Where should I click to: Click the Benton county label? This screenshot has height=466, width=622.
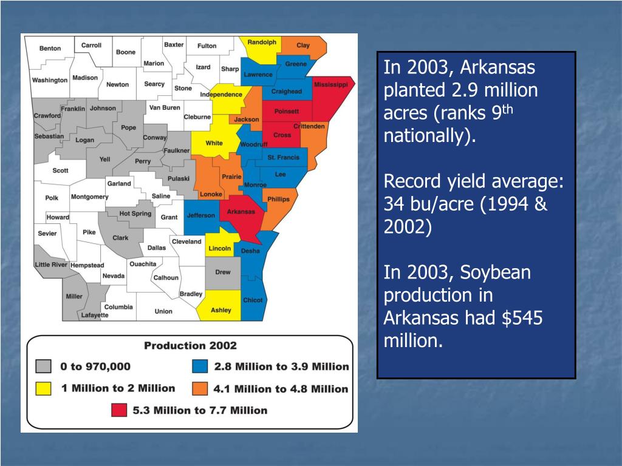50,49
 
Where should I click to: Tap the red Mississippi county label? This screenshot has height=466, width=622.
330,85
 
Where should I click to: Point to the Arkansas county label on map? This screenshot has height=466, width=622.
241,212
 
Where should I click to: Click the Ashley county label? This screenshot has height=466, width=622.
220,310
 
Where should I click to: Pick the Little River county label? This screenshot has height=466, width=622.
51,265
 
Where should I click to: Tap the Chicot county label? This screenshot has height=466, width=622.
253,300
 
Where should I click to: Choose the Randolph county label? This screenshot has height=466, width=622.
262,42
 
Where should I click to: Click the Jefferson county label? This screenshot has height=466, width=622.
200,215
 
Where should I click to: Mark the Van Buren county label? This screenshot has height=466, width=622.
165,107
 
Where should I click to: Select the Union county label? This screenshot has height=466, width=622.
163,311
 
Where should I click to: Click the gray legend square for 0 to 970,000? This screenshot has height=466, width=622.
43,366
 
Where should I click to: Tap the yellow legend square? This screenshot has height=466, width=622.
43,388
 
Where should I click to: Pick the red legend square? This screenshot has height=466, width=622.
119,410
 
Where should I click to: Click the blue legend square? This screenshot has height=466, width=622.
200,366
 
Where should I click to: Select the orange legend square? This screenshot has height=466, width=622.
200,388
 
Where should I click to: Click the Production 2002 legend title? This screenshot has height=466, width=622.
190,346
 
